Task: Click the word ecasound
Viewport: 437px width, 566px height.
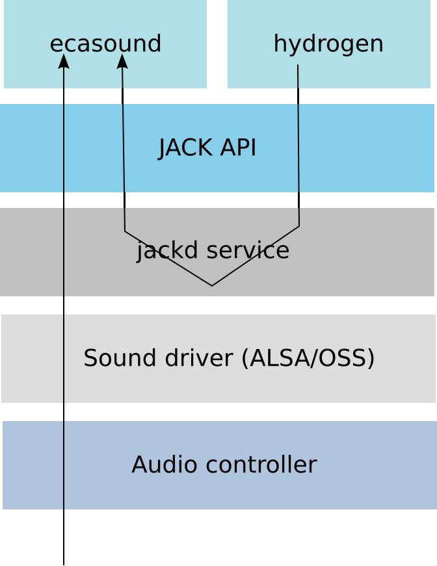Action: click(105, 44)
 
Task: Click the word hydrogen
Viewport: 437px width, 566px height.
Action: click(328, 44)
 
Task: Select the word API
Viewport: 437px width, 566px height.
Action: click(238, 148)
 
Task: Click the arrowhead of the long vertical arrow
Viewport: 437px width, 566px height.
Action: click(64, 59)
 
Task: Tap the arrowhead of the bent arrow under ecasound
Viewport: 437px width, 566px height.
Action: click(122, 59)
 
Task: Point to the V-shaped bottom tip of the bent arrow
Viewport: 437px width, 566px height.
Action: click(212, 285)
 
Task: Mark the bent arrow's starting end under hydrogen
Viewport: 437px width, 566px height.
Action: click(298, 65)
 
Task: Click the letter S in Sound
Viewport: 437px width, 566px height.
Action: click(90, 358)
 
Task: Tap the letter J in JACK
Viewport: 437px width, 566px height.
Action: click(163, 148)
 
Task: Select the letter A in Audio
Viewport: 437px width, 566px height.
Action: click(138, 465)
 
